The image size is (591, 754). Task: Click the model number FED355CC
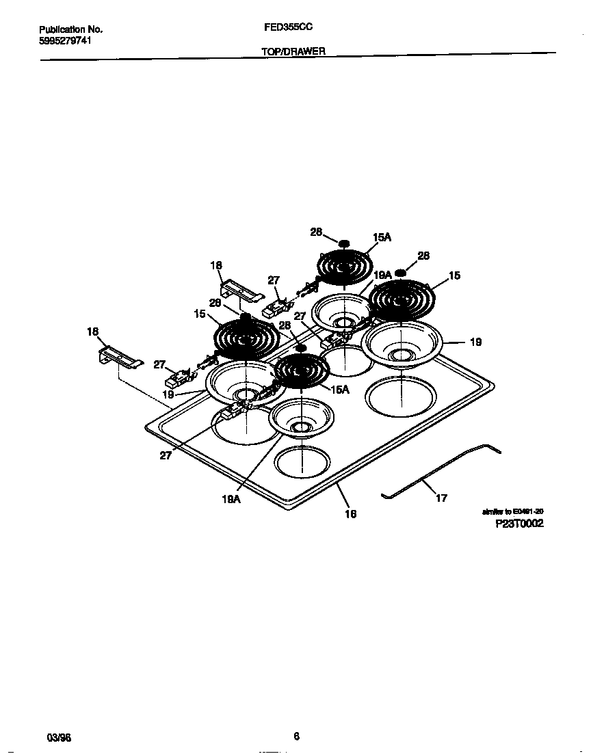point(288,29)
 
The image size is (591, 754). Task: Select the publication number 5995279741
point(66,40)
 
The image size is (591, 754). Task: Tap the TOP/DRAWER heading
point(293,51)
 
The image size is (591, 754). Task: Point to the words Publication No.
point(70,29)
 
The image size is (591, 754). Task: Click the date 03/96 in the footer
point(59,738)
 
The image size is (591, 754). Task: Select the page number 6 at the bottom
point(296,736)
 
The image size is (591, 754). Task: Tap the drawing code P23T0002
point(519,524)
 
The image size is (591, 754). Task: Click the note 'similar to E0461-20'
point(513,511)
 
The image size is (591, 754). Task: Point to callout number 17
point(441,498)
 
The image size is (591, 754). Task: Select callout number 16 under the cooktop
point(350,513)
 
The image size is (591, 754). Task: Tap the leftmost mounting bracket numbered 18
point(120,358)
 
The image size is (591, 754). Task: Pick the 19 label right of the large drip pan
point(475,342)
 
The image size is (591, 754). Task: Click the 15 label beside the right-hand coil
point(454,275)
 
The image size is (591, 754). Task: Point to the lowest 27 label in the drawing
point(166,455)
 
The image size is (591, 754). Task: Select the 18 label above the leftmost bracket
point(93,332)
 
